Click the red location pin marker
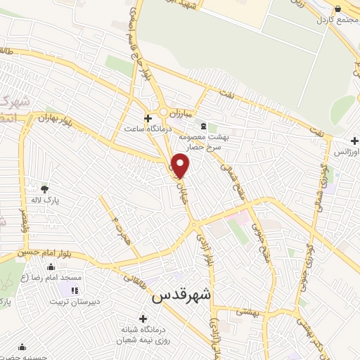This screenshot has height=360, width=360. pyautogui.click(x=181, y=165)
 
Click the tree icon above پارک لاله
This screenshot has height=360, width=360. pyautogui.click(x=46, y=188)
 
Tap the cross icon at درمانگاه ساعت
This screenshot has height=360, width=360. pyautogui.click(x=148, y=118)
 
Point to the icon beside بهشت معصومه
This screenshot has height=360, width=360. pyautogui.click(x=194, y=126)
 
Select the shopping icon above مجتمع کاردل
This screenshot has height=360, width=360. pyautogui.click(x=338, y=8)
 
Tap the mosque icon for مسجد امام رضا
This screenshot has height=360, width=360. pyautogui.click(x=51, y=267)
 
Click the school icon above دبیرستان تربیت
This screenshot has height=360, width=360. pyautogui.click(x=74, y=290)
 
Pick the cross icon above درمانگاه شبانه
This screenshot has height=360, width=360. pyautogui.click(x=143, y=318)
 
